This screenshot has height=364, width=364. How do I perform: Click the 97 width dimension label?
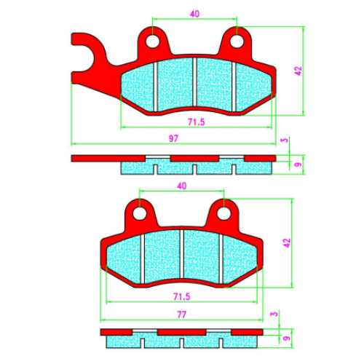pyautogui.click(x=173, y=138)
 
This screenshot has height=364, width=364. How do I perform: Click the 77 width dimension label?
pyautogui.click(x=181, y=314)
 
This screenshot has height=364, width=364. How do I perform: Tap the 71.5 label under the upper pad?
pyautogui.click(x=197, y=122)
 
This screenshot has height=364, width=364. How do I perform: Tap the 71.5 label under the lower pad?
pyautogui.click(x=182, y=296)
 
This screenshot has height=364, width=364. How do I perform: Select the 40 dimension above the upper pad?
pyautogui.click(x=195, y=14)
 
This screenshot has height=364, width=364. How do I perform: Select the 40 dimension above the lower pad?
pyautogui.click(x=182, y=186)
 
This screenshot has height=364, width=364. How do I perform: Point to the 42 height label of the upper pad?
pyautogui.click(x=298, y=71)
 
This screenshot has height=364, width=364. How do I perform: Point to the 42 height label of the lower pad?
pyautogui.click(x=287, y=243)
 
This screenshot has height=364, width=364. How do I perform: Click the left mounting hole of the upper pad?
pyautogui.click(x=152, y=41)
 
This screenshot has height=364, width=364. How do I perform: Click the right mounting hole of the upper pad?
pyautogui.click(x=237, y=41)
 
